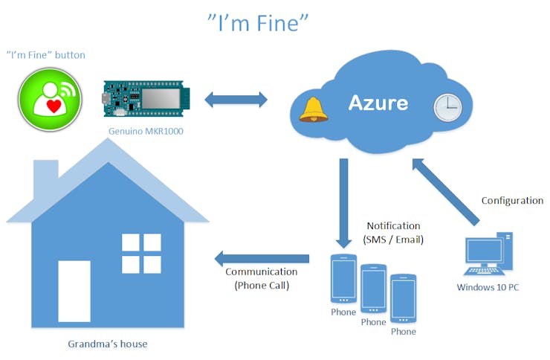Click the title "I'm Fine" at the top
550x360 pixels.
click(257, 22)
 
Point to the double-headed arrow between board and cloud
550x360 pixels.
click(236, 99)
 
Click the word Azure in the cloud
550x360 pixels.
click(378, 102)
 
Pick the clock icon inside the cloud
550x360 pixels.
click(447, 108)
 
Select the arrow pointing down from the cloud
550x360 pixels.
click(343, 201)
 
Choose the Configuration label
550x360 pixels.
click(512, 201)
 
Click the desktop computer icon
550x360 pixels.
click(488, 253)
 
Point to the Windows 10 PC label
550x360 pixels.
click(488, 287)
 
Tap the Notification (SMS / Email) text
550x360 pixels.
click(393, 231)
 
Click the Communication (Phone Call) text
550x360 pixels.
click(256, 278)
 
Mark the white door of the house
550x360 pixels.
click(74, 291)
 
